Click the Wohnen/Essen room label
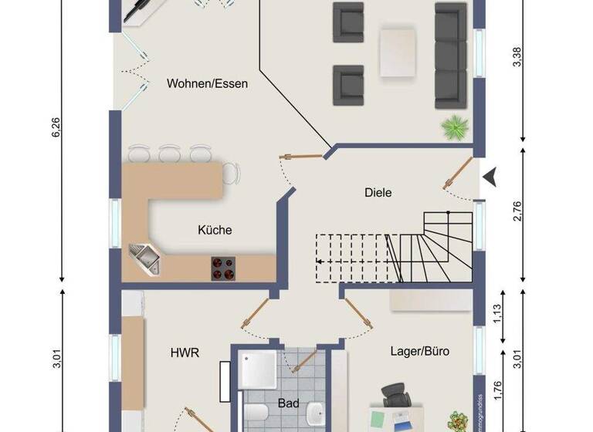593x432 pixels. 207,83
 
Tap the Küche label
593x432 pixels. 215,230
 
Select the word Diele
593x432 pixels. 378,193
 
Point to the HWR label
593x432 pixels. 185,353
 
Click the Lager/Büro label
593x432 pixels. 420,351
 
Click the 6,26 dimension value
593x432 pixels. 55,128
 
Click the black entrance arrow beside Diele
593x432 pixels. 491,177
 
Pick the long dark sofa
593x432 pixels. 452,56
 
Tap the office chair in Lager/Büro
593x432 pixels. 396,395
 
